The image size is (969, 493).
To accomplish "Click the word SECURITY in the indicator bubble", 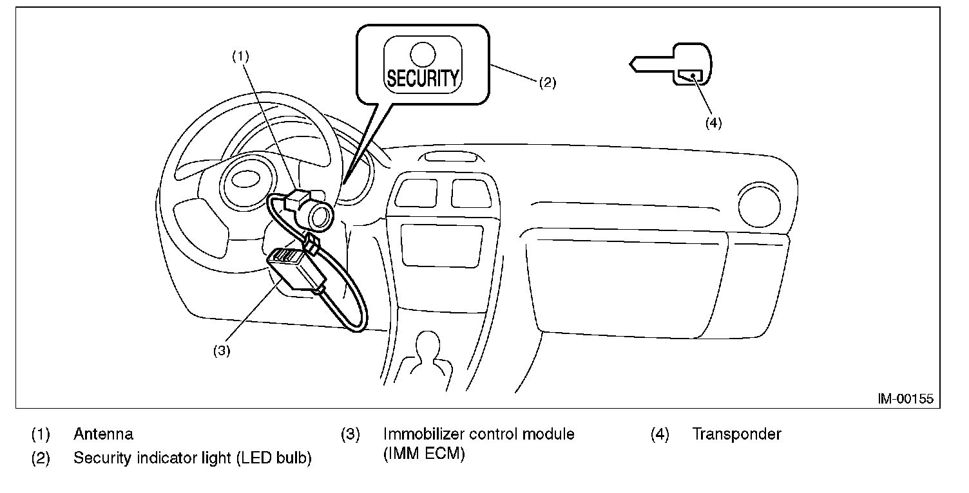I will [x=423, y=78].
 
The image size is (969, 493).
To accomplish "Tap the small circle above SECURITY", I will [x=423, y=52].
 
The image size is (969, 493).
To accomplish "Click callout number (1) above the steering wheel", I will [x=240, y=56].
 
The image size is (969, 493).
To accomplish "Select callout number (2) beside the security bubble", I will [x=546, y=82].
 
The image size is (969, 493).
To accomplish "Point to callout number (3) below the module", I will [x=221, y=351].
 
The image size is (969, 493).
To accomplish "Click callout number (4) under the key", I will [x=713, y=124].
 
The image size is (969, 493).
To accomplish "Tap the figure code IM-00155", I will [x=905, y=399].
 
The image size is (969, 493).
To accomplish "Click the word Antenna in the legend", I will [x=103, y=434].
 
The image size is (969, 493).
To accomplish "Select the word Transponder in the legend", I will [x=736, y=434].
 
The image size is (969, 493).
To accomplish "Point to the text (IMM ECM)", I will [x=423, y=455].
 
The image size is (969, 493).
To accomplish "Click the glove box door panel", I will [x=625, y=283].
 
